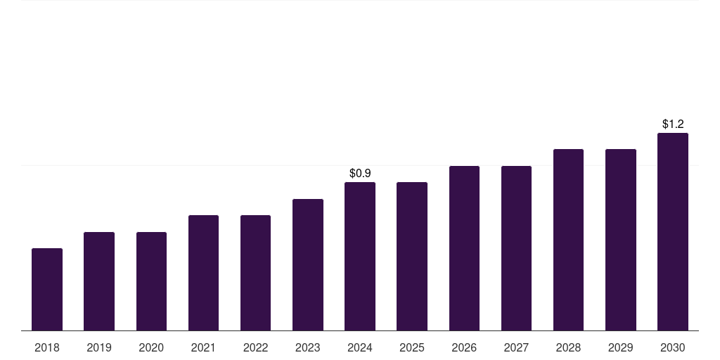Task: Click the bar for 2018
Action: click(x=47, y=289)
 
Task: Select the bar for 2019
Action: click(x=99, y=281)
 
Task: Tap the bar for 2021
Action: click(x=203, y=273)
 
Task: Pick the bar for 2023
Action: click(x=308, y=264)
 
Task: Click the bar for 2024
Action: click(x=360, y=256)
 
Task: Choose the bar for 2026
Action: click(x=464, y=248)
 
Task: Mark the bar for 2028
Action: click(x=568, y=240)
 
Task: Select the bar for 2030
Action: click(x=673, y=231)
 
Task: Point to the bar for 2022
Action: click(x=255, y=273)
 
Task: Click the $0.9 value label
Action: click(x=360, y=173)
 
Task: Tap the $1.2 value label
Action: click(x=673, y=124)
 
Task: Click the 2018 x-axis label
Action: click(x=47, y=347)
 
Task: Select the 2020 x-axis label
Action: click(x=151, y=347)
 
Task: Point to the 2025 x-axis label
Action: click(x=412, y=347)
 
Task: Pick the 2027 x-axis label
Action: click(x=516, y=347)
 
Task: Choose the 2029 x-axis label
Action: click(x=620, y=347)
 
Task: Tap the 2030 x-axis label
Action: click(x=673, y=347)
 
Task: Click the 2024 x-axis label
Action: click(x=360, y=347)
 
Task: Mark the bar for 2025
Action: click(x=412, y=256)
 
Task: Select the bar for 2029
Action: click(x=620, y=240)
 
